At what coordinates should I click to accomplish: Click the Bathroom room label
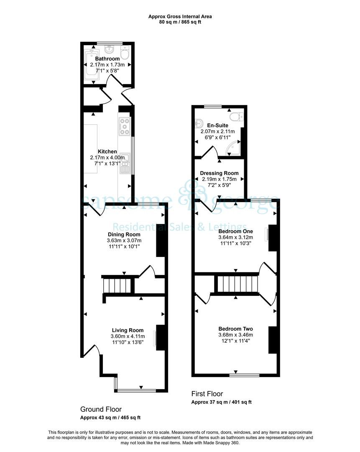click(107, 59)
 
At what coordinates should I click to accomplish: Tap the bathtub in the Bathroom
click(92, 64)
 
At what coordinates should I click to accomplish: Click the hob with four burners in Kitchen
click(125, 126)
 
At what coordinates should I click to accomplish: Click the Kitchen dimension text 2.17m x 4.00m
click(107, 157)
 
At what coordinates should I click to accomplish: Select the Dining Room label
click(124, 234)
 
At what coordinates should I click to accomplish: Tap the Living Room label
click(128, 330)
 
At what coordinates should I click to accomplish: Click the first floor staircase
click(237, 284)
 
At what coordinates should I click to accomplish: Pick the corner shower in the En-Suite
click(234, 147)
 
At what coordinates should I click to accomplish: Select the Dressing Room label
click(219, 173)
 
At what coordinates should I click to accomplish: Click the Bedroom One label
click(235, 231)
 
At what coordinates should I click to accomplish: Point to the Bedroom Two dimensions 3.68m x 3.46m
click(235, 335)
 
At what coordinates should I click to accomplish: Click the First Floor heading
click(207, 394)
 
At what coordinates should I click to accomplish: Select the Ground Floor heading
click(101, 409)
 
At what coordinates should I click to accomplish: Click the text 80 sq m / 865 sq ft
click(180, 22)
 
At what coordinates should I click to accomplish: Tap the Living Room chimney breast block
click(161, 338)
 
